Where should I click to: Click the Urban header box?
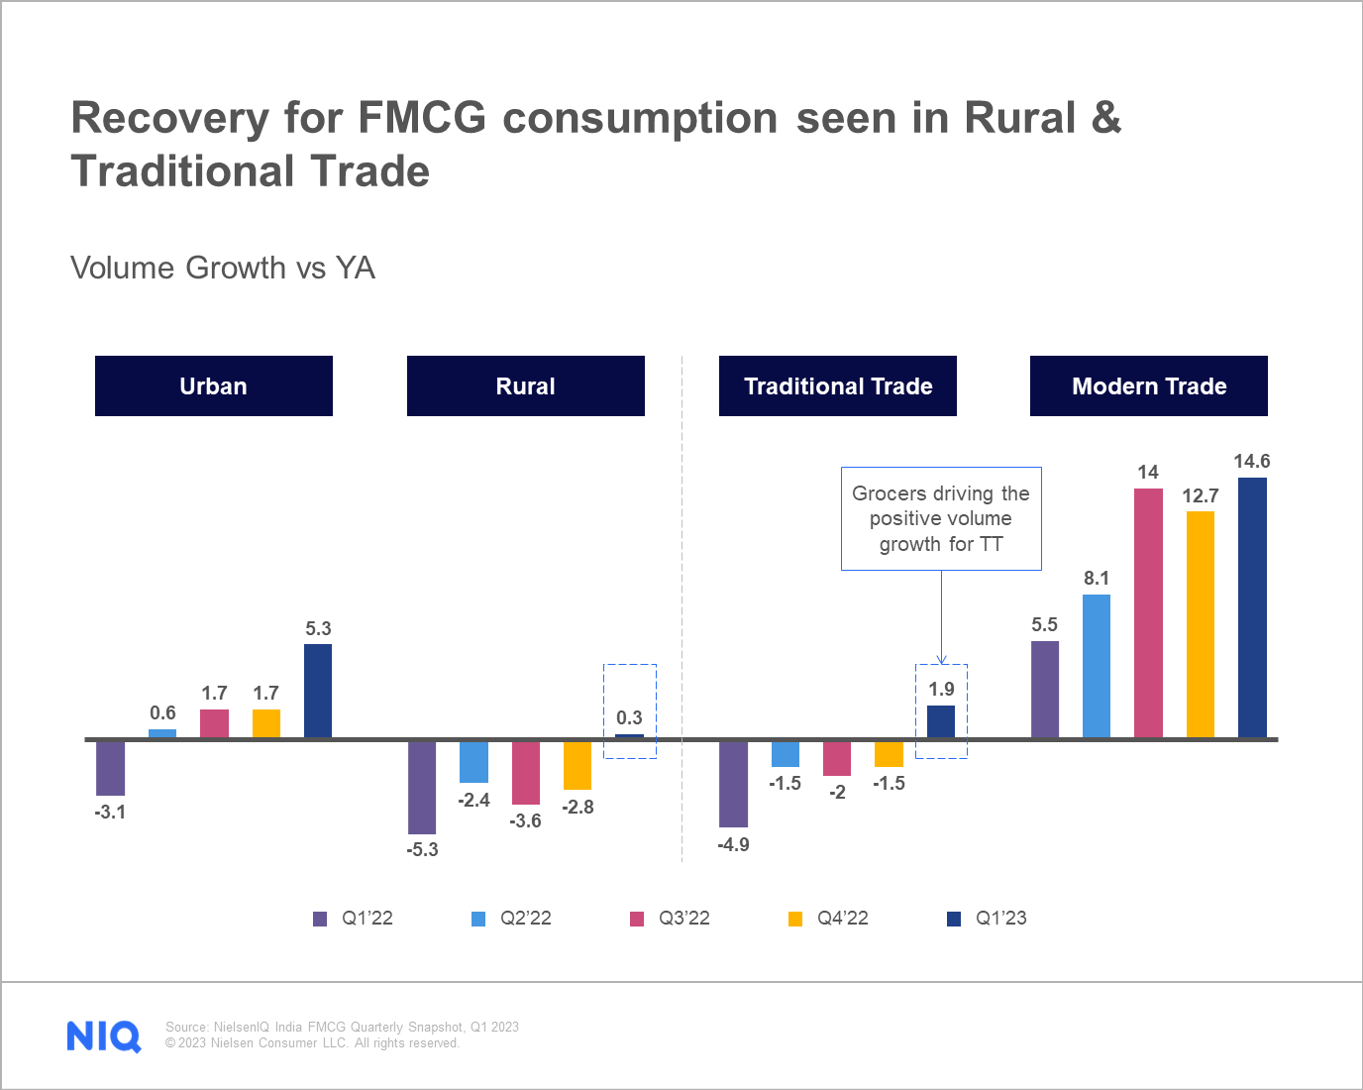tap(214, 385)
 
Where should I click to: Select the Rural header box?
tap(525, 385)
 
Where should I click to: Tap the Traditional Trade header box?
tap(837, 385)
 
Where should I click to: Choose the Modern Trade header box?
tap(1148, 385)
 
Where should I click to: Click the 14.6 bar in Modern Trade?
tap(1252, 607)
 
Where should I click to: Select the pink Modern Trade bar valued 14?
tap(1148, 613)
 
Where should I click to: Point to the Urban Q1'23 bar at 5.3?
tap(318, 691)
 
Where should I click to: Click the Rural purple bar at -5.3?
tap(422, 788)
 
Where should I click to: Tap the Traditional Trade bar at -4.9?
tap(733, 784)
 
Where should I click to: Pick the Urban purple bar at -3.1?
tap(110, 768)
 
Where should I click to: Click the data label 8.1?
tap(1097, 578)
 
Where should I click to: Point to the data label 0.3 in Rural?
tap(629, 717)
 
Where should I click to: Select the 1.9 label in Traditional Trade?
tap(941, 689)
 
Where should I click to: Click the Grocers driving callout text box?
tap(941, 518)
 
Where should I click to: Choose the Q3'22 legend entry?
tap(671, 919)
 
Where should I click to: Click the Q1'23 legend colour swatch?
tap(954, 919)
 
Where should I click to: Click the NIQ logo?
tap(104, 1035)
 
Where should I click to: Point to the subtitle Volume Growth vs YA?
tap(223, 268)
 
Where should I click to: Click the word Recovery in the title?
tap(169, 117)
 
